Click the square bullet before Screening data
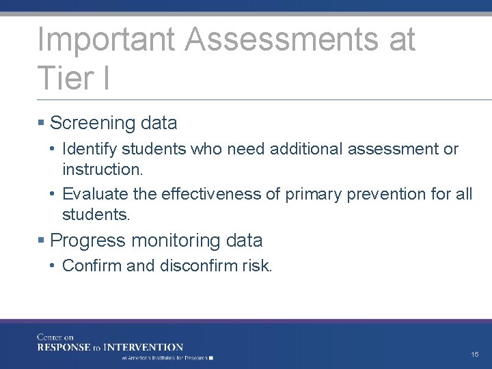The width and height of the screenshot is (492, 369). click(42, 124)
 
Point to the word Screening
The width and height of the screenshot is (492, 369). click(94, 124)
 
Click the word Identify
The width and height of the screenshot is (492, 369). click(87, 149)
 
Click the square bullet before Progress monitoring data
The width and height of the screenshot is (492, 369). click(42, 241)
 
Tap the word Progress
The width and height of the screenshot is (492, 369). click(88, 241)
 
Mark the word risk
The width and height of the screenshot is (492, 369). click(257, 266)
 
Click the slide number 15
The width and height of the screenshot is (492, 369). click(475, 354)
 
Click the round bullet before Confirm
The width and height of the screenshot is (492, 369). click(53, 266)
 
